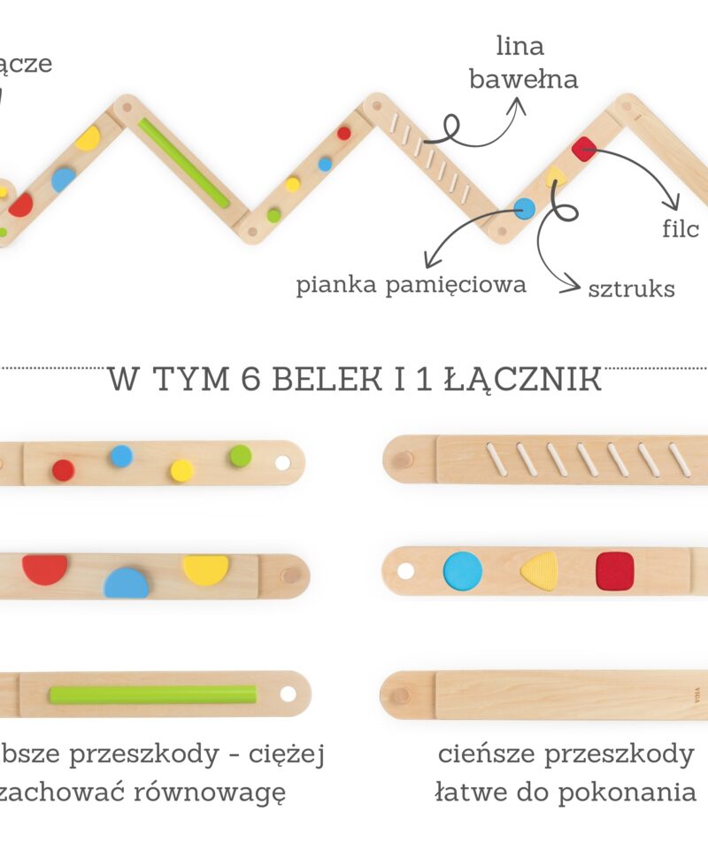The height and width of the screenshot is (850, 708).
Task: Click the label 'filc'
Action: coord(681,229)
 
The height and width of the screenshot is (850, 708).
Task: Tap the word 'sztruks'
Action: coord(631,288)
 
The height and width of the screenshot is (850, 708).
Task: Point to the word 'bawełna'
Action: coord(523,80)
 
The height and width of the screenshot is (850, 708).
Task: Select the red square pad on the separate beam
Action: coord(615,570)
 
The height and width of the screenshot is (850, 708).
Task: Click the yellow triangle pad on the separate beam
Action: coord(539,571)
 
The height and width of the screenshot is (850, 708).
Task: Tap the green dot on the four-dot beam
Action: coord(240,456)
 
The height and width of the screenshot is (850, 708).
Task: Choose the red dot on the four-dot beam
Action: coord(63,470)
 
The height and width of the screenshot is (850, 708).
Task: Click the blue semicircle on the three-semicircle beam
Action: coord(127,583)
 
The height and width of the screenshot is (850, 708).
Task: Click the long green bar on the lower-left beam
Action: coord(153,694)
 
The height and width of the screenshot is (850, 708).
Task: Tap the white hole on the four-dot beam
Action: coord(282,462)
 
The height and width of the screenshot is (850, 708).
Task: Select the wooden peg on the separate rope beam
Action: coord(403,460)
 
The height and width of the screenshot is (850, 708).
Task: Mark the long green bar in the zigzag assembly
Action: coord(184,162)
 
